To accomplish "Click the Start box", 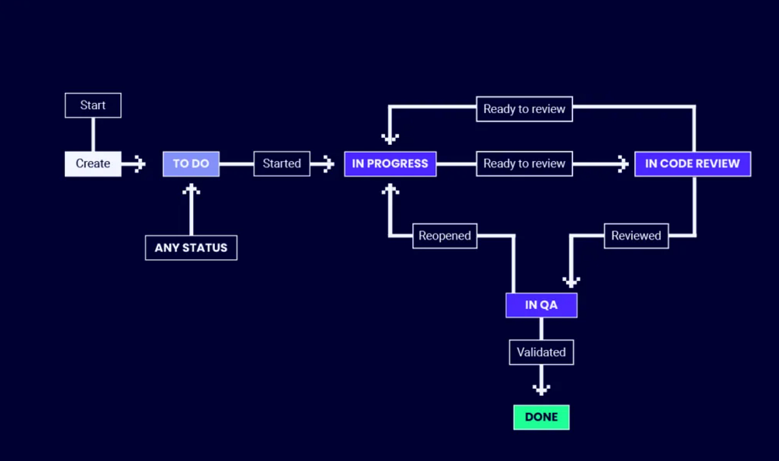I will [93, 105].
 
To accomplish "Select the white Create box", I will [93, 164].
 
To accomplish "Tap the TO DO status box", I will [191, 164].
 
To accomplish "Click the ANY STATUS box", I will [191, 248].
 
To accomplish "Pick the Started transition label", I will [282, 164].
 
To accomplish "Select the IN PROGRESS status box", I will [390, 164].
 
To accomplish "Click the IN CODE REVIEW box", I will [692, 164].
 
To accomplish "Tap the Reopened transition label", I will [445, 236].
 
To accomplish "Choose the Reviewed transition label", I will [636, 236].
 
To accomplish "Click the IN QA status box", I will [541, 305].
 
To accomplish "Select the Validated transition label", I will [541, 352].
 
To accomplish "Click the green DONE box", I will [541, 417].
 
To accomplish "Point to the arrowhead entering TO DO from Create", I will [140, 164].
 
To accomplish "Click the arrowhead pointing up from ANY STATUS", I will [191, 190].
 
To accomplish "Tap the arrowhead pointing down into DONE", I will [541, 389].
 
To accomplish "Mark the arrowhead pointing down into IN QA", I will [571, 281].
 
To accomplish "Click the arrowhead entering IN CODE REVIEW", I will [623, 164].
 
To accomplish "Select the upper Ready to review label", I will [524, 109].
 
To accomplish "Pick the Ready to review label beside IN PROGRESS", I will [524, 164].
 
